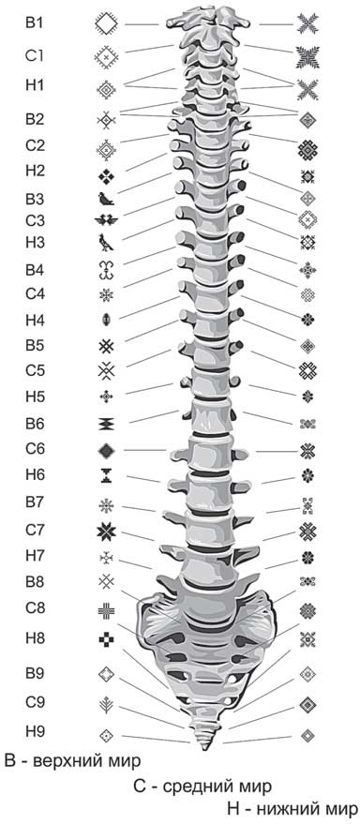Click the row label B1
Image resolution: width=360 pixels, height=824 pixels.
click(36, 22)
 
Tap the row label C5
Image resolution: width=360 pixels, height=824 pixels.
click(36, 370)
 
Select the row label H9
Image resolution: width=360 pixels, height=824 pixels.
click(36, 731)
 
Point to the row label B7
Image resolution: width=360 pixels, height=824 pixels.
click(36, 502)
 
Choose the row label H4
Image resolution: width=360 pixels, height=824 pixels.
click(36, 320)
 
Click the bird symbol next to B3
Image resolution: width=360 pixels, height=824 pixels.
click(106, 199)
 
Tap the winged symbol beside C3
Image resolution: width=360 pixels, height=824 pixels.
click(107, 220)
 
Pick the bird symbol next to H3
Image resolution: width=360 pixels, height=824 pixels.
click(106, 242)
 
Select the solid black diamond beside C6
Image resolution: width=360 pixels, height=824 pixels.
click(107, 450)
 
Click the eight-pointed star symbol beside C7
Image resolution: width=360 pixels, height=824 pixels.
click(107, 532)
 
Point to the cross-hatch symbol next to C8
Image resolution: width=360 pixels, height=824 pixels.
click(107, 609)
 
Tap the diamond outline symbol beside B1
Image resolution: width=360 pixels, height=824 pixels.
click(107, 24)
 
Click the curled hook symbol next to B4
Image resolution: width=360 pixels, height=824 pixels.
click(107, 270)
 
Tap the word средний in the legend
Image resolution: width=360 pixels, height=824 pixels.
click(197, 787)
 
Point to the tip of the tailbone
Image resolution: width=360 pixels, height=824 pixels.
click(203, 749)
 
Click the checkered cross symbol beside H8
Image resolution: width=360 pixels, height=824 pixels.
click(107, 639)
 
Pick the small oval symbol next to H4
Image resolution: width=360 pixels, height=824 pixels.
click(106, 319)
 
